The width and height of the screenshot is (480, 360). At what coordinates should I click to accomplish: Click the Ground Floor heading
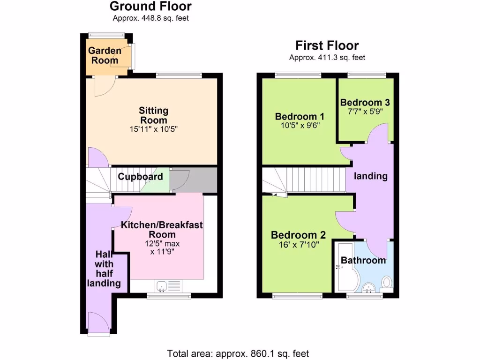point(150,7)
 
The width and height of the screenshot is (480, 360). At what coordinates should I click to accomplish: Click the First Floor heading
point(327,45)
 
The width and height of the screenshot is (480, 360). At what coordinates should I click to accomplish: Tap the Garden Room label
point(105,55)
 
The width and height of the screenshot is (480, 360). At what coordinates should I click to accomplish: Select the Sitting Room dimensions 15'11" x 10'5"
point(153,129)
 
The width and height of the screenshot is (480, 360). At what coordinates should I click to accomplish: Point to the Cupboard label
point(140,177)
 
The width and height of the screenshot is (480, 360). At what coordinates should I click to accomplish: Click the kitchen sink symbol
point(162,285)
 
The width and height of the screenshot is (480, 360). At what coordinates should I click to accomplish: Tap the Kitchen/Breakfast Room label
point(162,230)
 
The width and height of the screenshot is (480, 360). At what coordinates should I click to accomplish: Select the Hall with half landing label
point(104,269)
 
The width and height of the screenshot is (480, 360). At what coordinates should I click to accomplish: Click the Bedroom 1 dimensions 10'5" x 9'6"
point(300,126)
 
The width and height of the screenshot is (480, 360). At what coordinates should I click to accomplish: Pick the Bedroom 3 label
point(365,103)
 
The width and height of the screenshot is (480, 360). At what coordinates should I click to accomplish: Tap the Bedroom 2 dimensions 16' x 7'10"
point(298,244)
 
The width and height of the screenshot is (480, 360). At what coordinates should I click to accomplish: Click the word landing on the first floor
point(370,176)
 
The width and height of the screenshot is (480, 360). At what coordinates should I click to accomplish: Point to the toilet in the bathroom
point(387,282)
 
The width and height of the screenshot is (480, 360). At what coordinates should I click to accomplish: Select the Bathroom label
point(363,260)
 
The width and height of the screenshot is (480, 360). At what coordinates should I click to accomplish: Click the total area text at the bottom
point(238,353)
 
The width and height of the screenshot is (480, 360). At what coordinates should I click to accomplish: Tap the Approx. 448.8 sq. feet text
point(150,18)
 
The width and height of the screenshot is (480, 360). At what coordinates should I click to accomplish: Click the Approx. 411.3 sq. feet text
point(327,58)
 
